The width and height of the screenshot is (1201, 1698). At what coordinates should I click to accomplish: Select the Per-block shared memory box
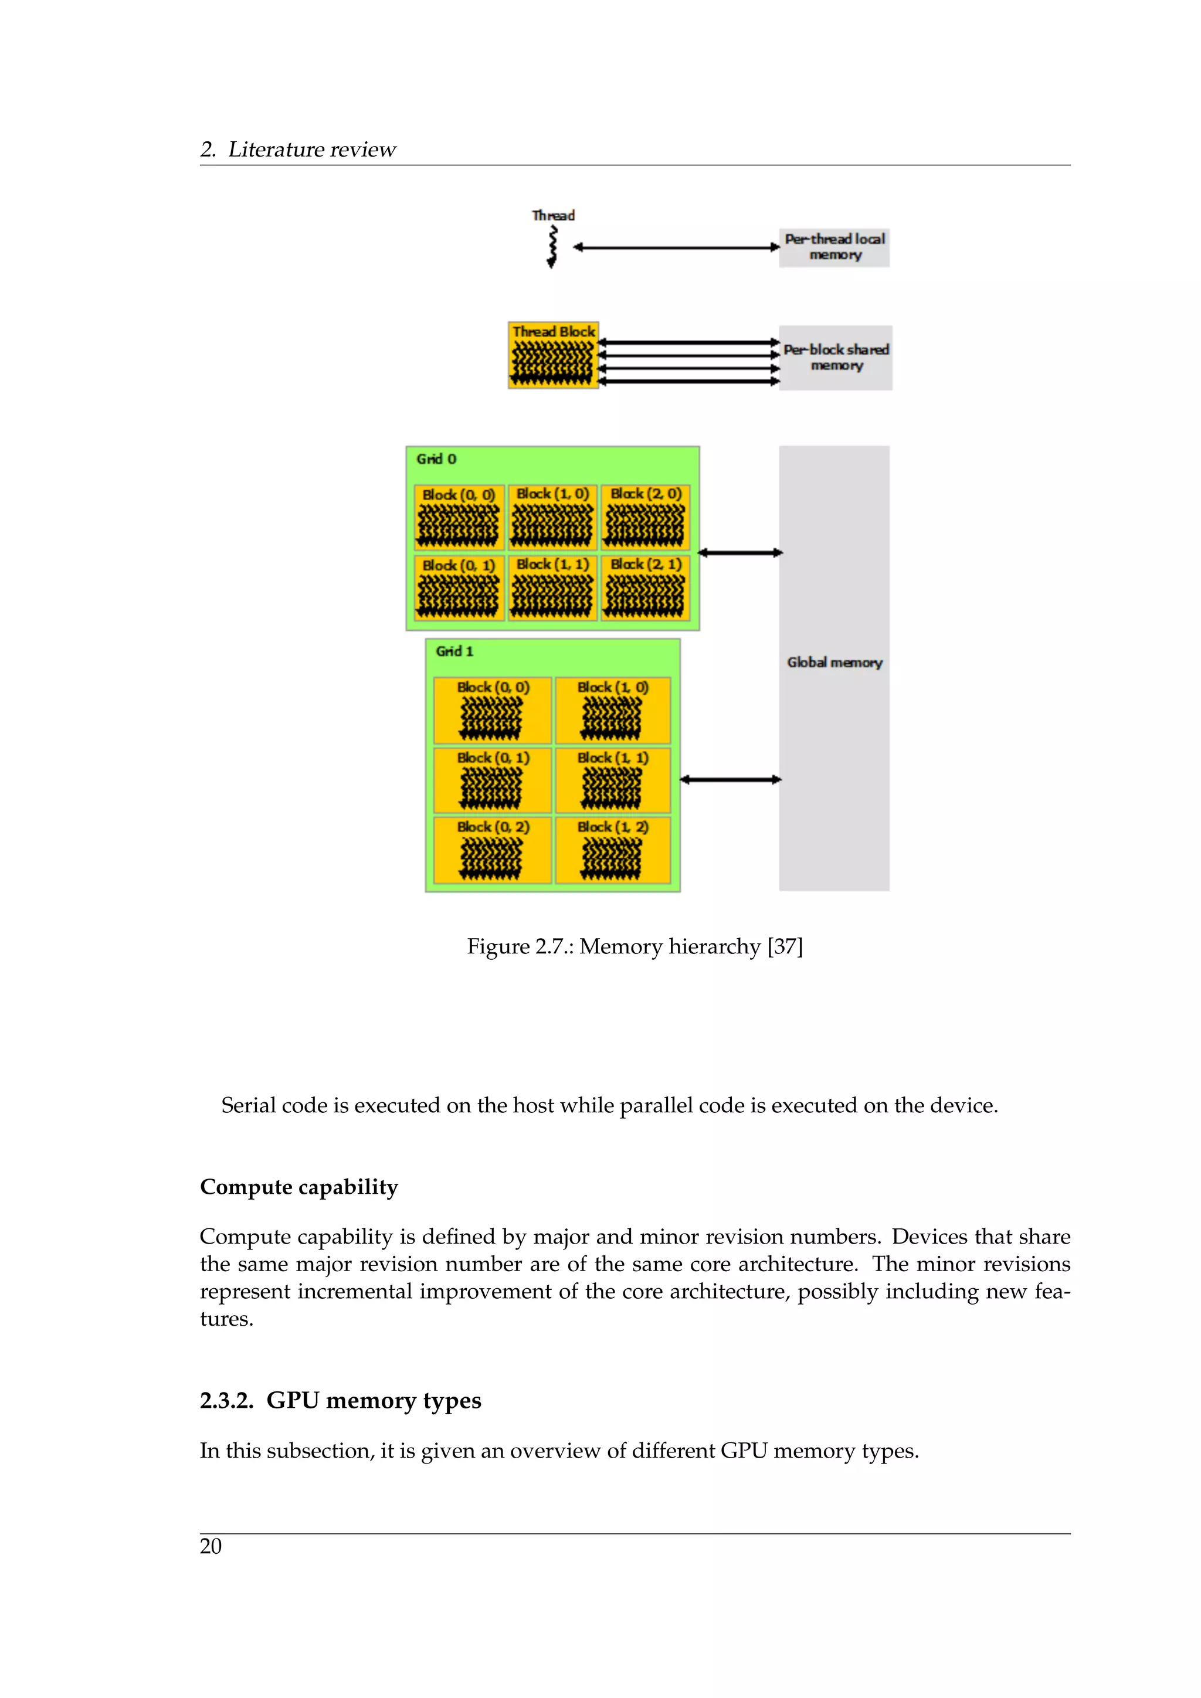[x=835, y=357]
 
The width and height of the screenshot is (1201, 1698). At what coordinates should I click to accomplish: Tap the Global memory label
[x=834, y=663]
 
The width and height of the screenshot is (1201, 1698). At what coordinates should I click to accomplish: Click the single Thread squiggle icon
[x=552, y=247]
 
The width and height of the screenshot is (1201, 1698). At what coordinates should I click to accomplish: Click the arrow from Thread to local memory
[x=676, y=247]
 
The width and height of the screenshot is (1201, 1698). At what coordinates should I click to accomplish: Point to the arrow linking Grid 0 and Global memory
[x=739, y=552]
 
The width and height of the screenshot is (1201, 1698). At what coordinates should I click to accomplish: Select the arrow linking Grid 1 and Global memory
[x=730, y=779]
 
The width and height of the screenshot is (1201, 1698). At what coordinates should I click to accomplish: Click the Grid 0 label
[x=436, y=459]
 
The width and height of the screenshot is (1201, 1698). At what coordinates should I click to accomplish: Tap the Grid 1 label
[x=454, y=651]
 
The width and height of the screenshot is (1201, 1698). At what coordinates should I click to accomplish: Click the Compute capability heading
[x=298, y=1187]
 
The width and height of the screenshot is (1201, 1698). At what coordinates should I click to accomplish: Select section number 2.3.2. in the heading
[x=226, y=1401]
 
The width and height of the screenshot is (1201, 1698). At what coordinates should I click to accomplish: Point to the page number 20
[x=211, y=1546]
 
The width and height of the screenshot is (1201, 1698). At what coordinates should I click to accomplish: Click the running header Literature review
[x=311, y=150]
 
